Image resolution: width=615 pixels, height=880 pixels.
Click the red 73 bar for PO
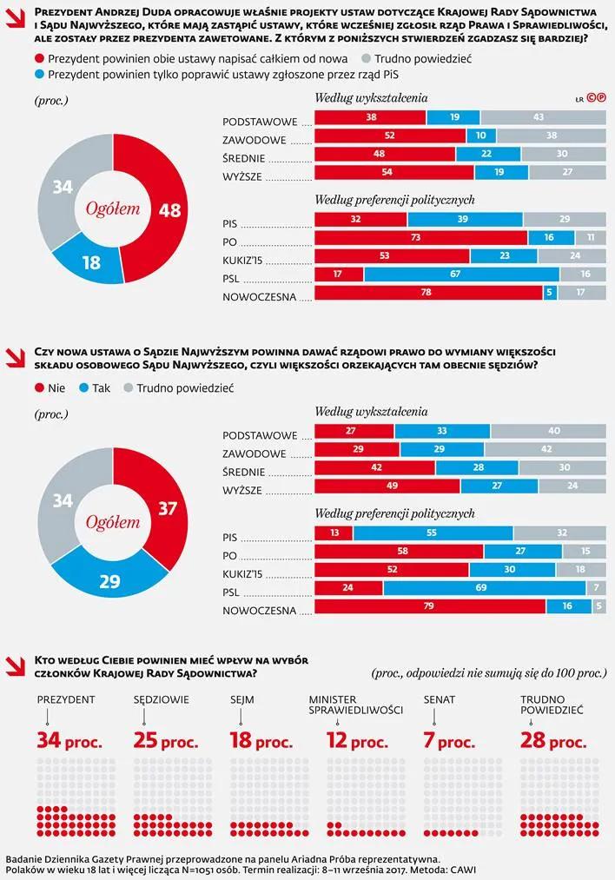pos(420,237)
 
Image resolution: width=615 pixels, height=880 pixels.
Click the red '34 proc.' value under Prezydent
pos(69,742)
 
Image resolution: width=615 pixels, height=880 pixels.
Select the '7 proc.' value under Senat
pos(449,742)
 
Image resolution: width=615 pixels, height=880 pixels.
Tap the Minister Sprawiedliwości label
pos(355,705)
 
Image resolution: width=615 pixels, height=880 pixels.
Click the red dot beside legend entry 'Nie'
pos(40,388)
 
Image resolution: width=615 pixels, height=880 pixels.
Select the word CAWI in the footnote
pos(460,869)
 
